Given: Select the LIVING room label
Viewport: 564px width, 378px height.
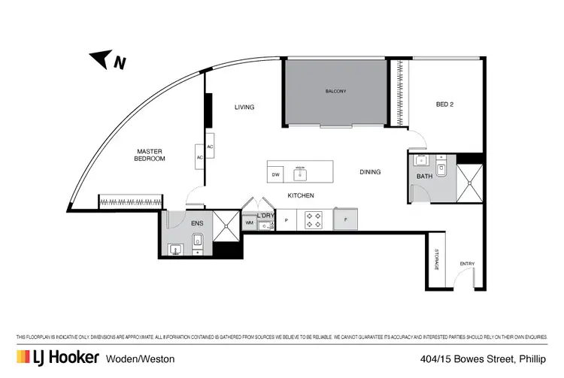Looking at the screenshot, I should pyautogui.click(x=244, y=107).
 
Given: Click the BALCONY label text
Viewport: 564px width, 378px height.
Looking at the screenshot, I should pyautogui.click(x=335, y=92).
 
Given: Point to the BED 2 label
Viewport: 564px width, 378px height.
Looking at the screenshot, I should pyautogui.click(x=445, y=104).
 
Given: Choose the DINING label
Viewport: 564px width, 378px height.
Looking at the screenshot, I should pyautogui.click(x=370, y=172).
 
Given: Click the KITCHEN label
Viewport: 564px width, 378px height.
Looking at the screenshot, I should pyautogui.click(x=300, y=196).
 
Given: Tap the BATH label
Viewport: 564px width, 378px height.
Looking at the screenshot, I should pyautogui.click(x=425, y=177).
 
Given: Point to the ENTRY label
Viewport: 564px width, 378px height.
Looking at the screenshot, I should pyautogui.click(x=467, y=264).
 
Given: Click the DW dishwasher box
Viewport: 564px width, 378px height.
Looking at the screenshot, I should pyautogui.click(x=277, y=174).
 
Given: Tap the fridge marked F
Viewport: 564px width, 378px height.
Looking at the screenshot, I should pyautogui.click(x=346, y=219).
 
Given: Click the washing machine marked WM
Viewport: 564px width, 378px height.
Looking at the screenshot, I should pyautogui.click(x=249, y=222).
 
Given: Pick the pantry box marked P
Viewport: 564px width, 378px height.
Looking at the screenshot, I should pyautogui.click(x=287, y=220).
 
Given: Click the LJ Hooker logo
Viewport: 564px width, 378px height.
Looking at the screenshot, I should pyautogui.click(x=56, y=357).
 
